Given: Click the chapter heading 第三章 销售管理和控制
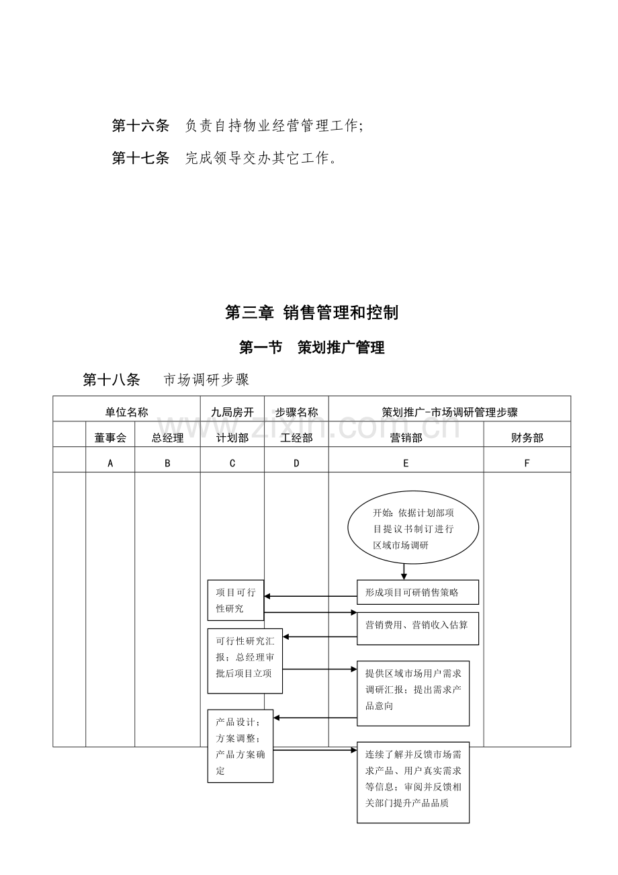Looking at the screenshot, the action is click(x=312, y=313).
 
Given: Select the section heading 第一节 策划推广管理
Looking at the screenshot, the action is click(x=312, y=347).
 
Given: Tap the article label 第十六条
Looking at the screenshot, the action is click(x=140, y=126).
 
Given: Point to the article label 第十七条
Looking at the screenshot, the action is click(x=140, y=158).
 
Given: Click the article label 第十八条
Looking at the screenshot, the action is click(x=112, y=380).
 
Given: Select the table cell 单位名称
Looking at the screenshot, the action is click(x=126, y=412).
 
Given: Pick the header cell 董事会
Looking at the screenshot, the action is click(x=110, y=438).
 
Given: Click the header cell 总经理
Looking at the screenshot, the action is click(x=167, y=438).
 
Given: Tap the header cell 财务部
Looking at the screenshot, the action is click(x=527, y=438).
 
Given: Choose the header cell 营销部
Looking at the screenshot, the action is click(x=406, y=438).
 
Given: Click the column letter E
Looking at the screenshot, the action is click(x=406, y=463).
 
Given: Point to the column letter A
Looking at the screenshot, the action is click(x=110, y=463).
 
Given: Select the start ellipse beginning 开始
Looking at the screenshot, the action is click(x=413, y=528).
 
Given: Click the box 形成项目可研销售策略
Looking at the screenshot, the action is click(x=418, y=592).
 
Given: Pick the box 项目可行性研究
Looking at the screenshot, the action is click(x=236, y=600).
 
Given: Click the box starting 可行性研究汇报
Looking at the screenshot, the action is click(x=245, y=661).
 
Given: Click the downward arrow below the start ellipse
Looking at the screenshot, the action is click(x=404, y=572).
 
